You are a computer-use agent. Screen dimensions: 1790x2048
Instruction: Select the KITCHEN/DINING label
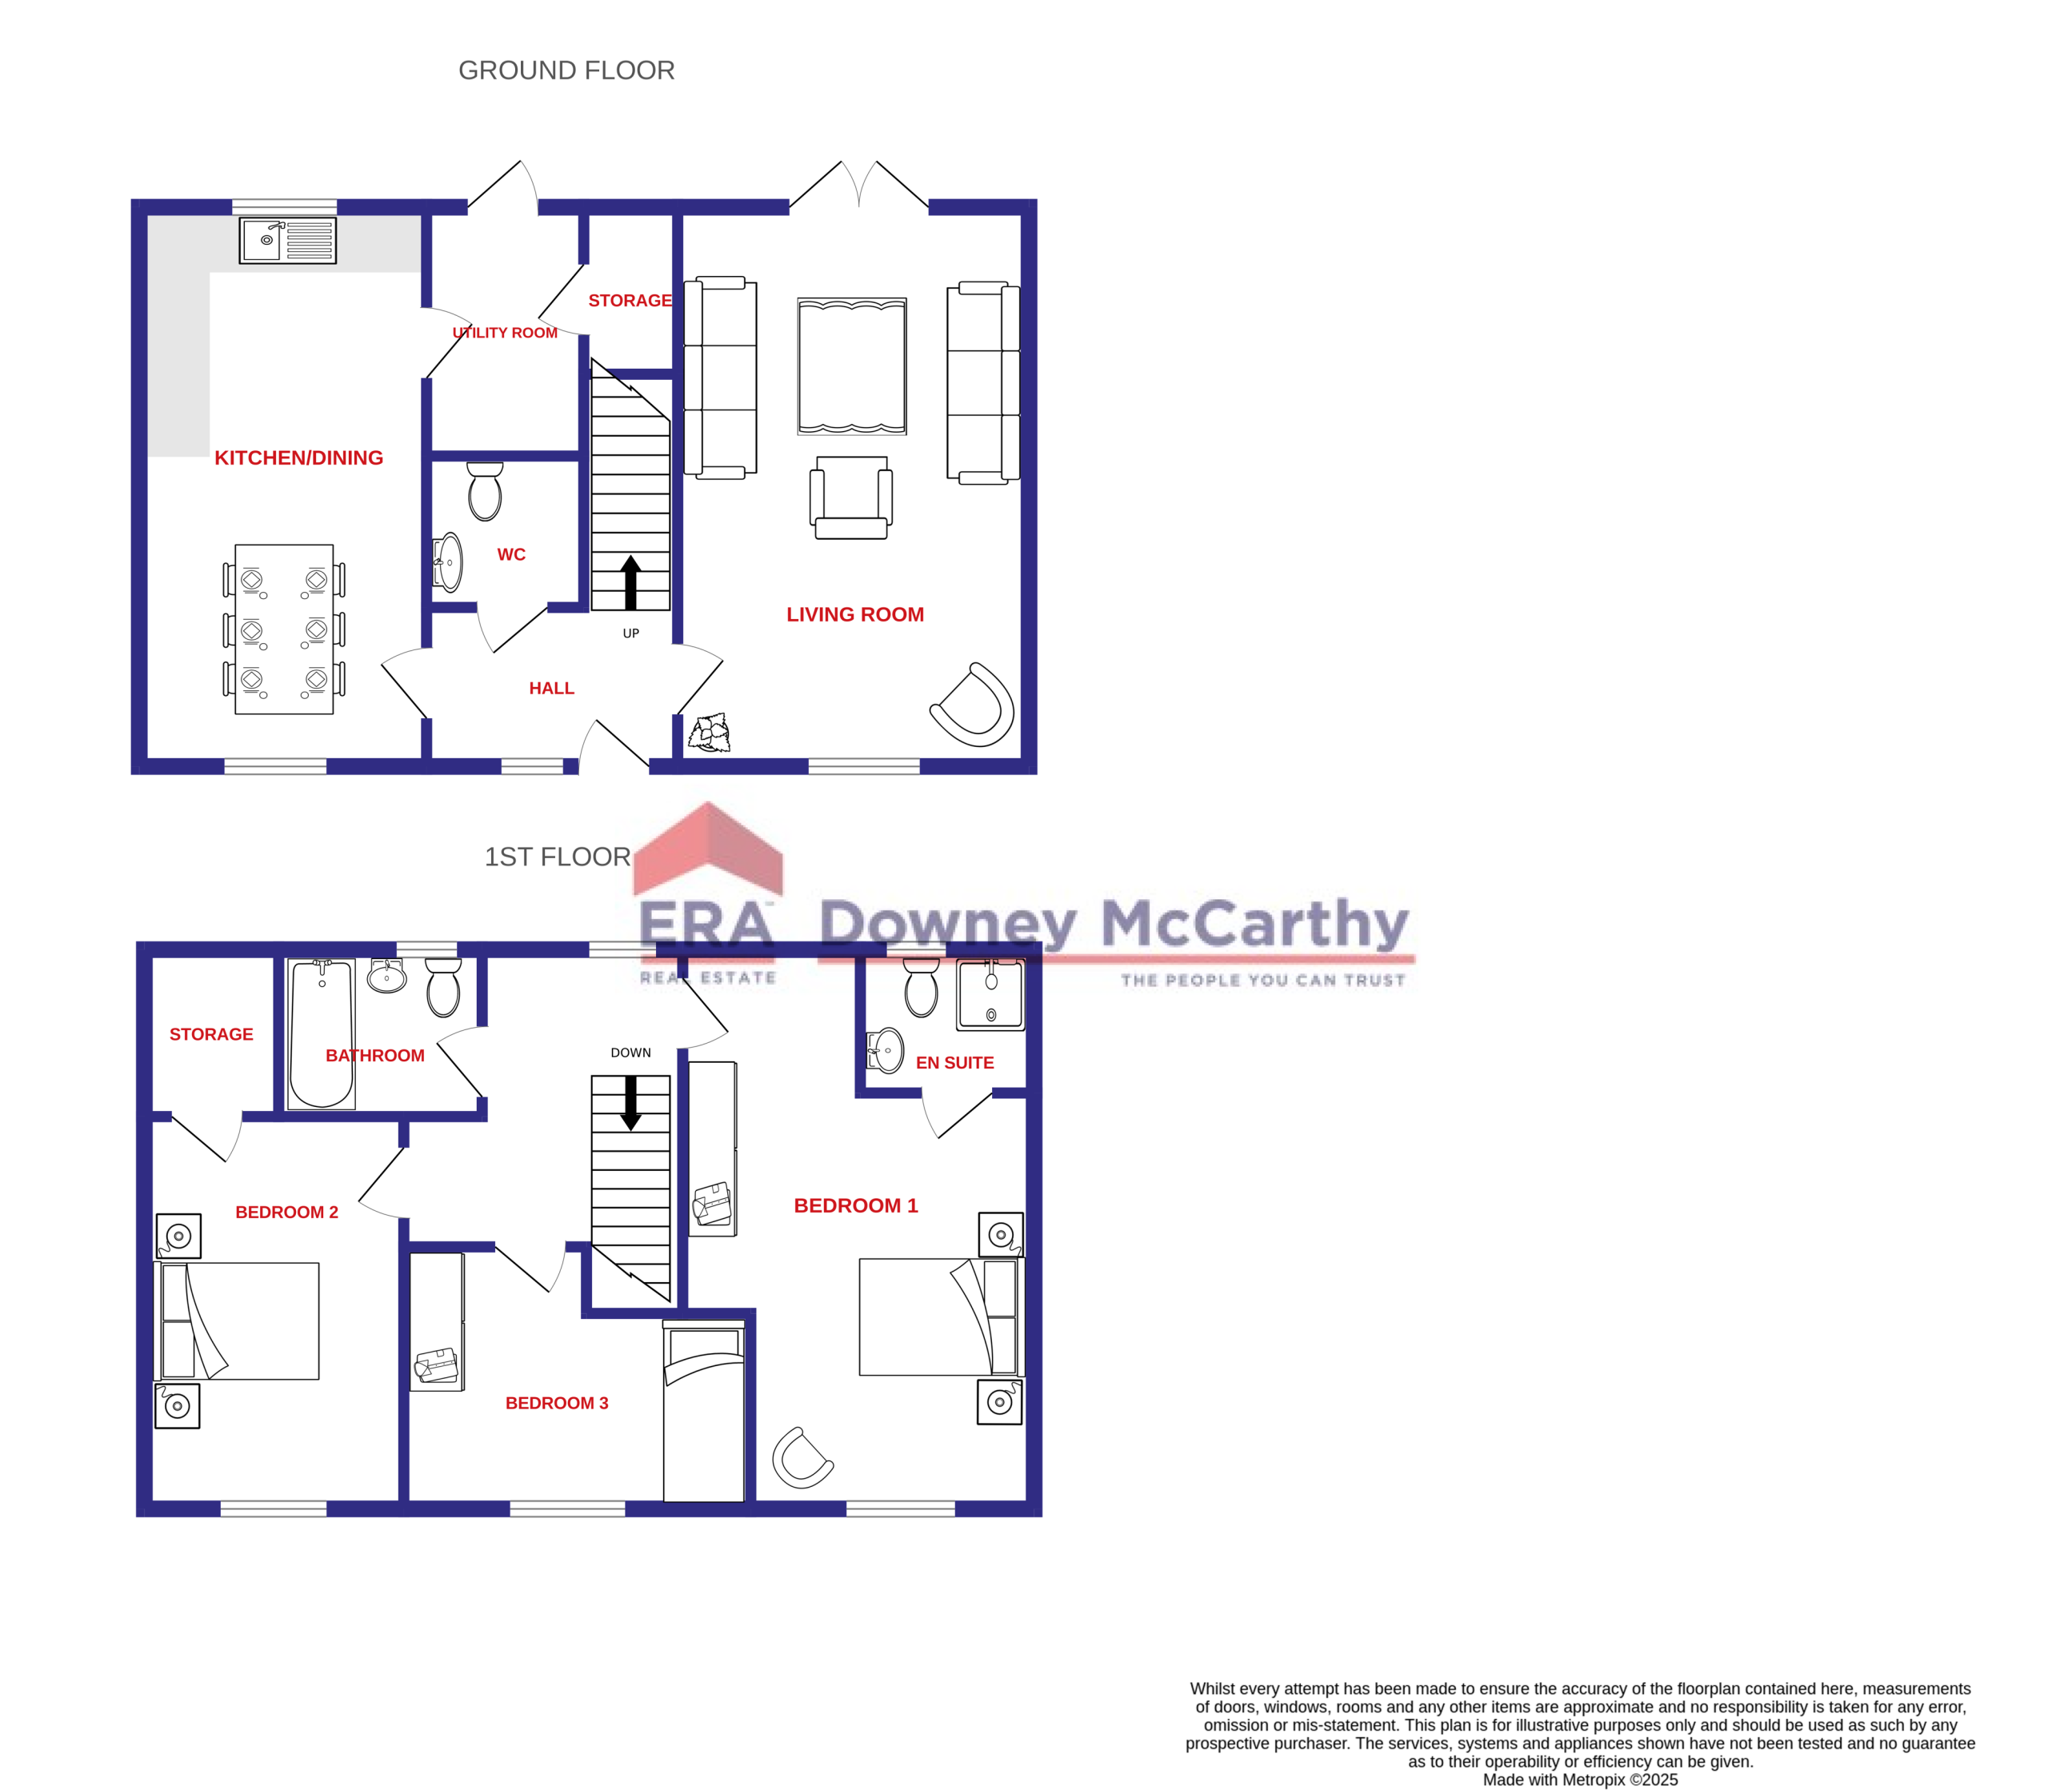[298, 458]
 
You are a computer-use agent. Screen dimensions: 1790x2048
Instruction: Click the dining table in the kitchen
[284, 629]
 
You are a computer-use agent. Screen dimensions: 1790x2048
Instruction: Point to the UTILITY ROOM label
[505, 333]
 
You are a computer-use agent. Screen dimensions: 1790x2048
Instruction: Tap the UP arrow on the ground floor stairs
[630, 582]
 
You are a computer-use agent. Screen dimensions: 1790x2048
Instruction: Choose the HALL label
[551, 688]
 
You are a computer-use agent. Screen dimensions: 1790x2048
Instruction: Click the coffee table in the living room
[852, 366]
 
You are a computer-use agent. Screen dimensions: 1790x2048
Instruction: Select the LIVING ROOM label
[855, 614]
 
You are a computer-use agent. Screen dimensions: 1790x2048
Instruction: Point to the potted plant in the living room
[710, 732]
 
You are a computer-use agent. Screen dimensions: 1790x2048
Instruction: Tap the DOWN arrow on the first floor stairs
[630, 1103]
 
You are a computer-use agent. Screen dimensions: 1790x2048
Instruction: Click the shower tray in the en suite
[990, 994]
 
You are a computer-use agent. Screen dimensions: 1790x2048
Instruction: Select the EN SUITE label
[955, 1063]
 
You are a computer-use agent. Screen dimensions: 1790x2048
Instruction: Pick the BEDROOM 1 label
[856, 1205]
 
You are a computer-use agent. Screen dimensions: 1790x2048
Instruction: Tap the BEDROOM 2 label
[286, 1212]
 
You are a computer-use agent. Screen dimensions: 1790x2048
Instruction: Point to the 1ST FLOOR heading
[558, 857]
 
